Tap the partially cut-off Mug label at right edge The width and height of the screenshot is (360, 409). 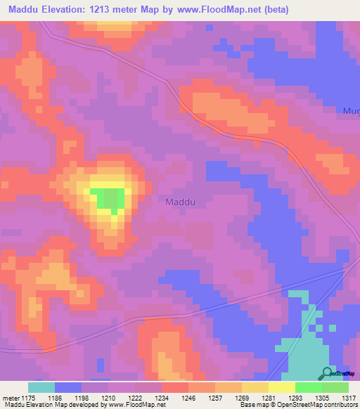351,111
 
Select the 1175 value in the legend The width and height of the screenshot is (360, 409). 25,398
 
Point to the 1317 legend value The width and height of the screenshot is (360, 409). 349,398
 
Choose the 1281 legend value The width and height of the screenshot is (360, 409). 269,398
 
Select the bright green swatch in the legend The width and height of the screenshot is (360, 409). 308,387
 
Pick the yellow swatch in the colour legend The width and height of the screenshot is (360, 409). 281,387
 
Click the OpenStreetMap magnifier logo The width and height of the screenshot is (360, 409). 328,373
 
